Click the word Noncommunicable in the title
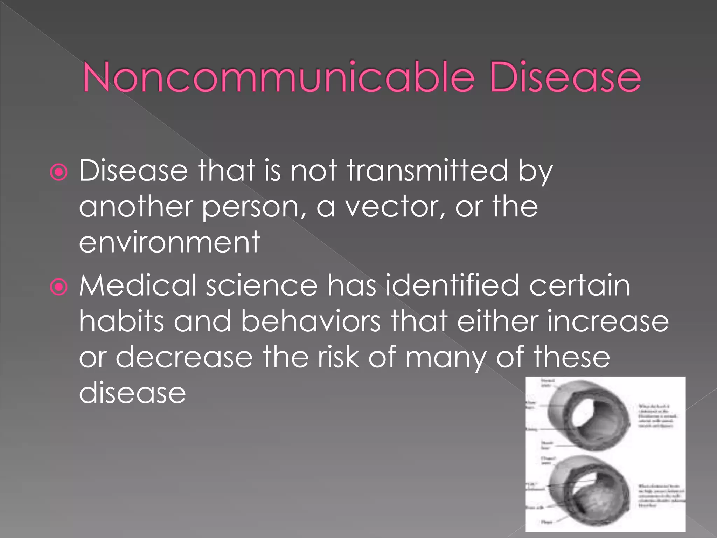coord(278,77)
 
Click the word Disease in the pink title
coord(565,77)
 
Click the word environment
coord(169,242)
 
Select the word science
coord(262,286)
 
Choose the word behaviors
coord(311,321)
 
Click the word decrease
coord(184,357)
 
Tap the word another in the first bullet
coord(136,207)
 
